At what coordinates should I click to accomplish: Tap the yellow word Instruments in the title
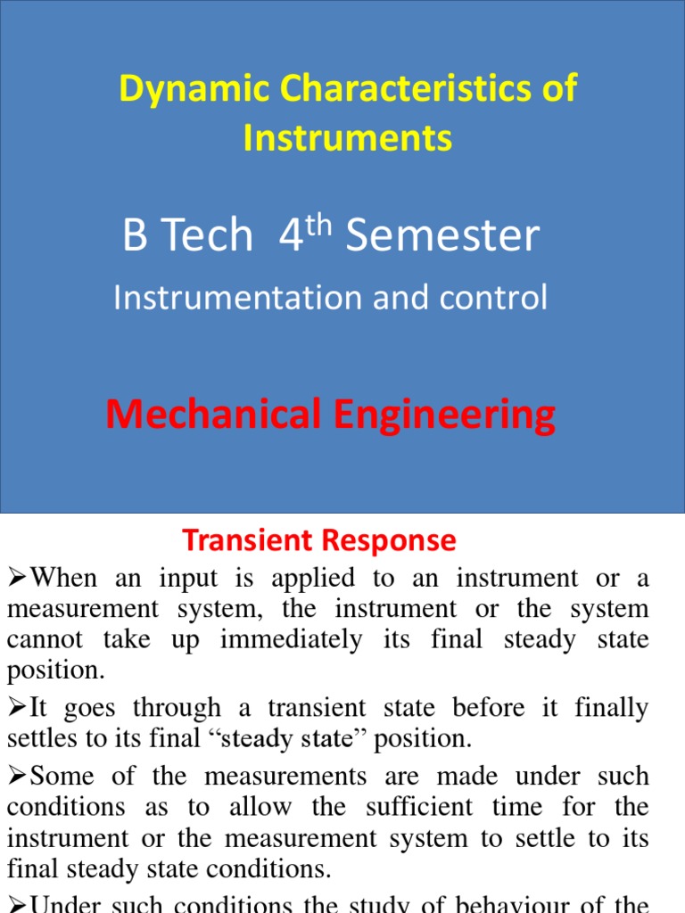click(348, 138)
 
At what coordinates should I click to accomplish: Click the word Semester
click(443, 235)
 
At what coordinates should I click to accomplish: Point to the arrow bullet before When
click(17, 578)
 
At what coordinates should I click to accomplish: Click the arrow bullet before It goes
click(17, 708)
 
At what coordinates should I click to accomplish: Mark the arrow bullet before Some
click(17, 776)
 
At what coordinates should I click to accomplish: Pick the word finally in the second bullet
click(612, 708)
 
